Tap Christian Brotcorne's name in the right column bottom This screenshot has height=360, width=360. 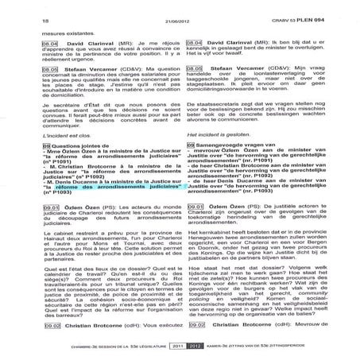tap(246, 326)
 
